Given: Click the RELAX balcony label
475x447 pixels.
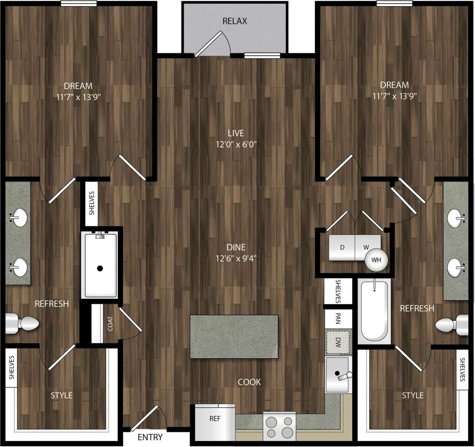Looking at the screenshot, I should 235,21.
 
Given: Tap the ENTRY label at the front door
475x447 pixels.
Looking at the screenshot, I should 150,437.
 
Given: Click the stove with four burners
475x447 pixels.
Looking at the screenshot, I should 279,427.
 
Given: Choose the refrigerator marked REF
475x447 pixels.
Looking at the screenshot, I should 215,422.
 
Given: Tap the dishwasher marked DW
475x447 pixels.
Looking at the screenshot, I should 338,343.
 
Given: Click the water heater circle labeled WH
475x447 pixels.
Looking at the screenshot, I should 376,260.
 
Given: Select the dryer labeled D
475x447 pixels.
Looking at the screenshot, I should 342,247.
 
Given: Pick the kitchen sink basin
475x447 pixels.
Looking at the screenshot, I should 337,374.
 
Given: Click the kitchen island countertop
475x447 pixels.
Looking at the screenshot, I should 234,336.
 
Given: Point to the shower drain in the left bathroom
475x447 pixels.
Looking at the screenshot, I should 100,268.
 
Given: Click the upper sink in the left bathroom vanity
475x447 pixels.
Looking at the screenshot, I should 17,218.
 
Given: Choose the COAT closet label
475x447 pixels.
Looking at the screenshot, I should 110,324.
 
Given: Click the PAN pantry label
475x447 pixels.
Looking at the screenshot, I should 338,318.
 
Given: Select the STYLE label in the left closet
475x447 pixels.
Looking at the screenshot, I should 62,395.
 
